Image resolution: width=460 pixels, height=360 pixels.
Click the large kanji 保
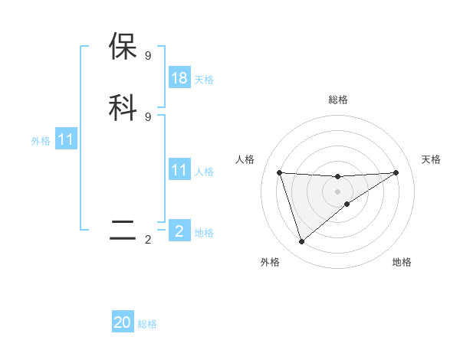123,47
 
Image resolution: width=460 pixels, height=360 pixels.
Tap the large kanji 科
123,107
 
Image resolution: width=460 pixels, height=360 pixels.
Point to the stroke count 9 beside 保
148,56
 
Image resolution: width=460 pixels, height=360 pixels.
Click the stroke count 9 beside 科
148,116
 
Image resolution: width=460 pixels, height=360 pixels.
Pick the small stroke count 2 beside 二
148,240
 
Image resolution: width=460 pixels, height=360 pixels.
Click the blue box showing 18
179,78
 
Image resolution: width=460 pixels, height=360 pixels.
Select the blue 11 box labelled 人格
179,170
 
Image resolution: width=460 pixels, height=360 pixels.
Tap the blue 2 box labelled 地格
179,231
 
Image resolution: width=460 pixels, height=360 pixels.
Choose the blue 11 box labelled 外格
66,139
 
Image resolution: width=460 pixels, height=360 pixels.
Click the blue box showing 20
123,322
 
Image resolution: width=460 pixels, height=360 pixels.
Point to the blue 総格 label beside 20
147,324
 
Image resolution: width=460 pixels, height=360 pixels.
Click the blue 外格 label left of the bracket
41,141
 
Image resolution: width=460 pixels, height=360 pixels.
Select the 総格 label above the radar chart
338,100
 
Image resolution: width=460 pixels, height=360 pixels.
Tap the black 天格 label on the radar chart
431,159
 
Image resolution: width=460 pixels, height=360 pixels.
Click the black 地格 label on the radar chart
402,262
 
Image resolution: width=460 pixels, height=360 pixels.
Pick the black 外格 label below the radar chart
270,262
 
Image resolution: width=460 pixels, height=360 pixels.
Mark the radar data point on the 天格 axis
396,172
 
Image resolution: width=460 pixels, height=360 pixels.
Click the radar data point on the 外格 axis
301,242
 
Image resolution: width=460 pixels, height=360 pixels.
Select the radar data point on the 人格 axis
279,172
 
